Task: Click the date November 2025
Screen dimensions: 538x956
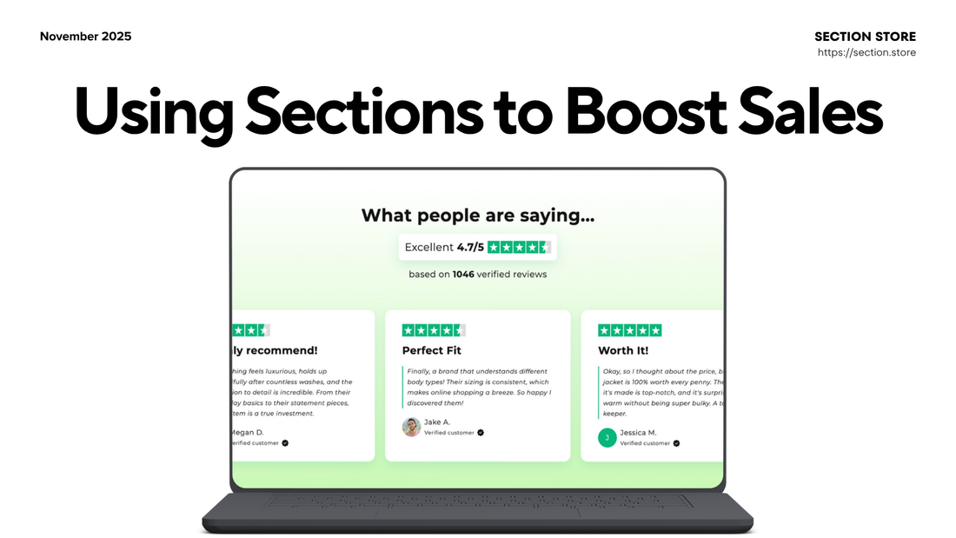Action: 86,37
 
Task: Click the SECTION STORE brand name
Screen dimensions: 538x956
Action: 865,37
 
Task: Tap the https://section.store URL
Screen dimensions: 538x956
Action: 866,53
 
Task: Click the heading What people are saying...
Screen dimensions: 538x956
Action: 478,216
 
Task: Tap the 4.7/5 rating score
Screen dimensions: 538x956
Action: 470,247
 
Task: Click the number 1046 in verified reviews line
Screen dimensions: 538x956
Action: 464,275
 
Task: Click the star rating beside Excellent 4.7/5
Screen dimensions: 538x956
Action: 519,247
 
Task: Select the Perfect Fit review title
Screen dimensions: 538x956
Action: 432,350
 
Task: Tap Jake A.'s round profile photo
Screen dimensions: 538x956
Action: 411,427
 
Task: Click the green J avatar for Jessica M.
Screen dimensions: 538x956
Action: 607,437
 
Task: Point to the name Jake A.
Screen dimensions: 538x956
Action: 438,422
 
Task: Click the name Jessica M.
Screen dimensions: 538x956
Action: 638,432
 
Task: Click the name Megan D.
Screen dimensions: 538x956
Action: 247,432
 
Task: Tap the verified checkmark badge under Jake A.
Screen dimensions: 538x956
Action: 481,432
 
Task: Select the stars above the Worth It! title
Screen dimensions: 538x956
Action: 630,330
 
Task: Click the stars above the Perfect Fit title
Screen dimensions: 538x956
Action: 434,330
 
